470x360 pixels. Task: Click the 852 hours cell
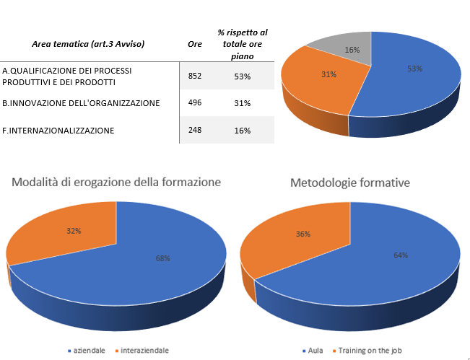194,76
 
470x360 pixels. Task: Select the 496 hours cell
194,103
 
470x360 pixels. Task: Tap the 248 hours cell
194,130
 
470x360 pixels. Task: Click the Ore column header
194,44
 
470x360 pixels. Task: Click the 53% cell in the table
243,76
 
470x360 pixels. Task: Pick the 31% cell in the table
243,103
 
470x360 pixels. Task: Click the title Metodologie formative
350,183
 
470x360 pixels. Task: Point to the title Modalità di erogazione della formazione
116,182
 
